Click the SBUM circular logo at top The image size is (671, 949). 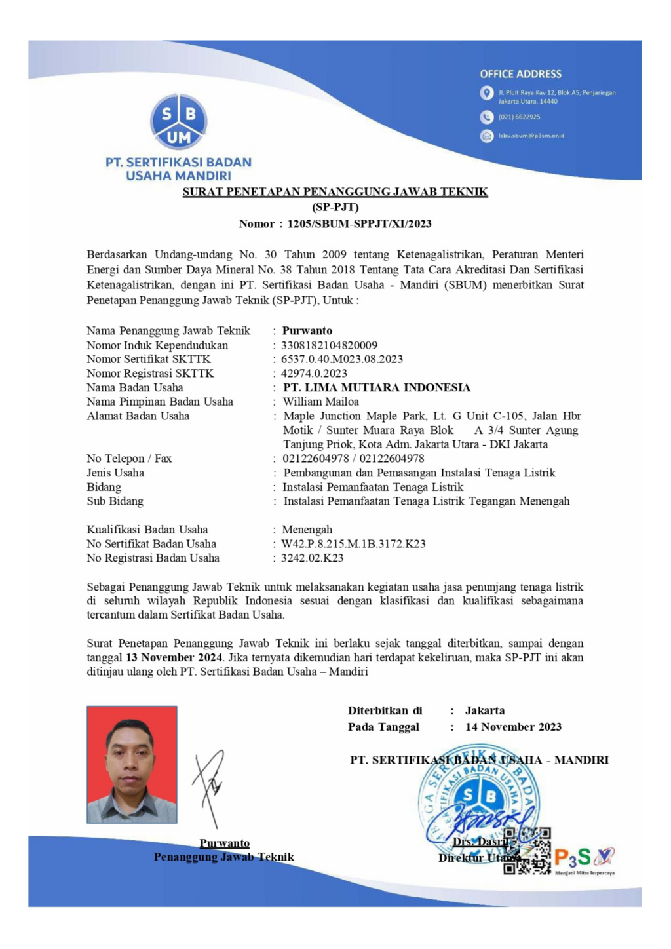[178, 122]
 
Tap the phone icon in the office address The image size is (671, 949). [486, 117]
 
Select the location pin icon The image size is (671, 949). [486, 93]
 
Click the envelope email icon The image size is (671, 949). [486, 136]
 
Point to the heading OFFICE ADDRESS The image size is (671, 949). [520, 74]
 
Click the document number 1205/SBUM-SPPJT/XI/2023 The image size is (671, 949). [359, 223]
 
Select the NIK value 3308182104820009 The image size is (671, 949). [329, 345]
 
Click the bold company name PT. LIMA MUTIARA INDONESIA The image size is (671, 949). [376, 387]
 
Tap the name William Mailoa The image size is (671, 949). [320, 402]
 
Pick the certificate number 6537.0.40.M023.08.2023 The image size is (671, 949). [341, 359]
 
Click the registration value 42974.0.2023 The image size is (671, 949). [314, 374]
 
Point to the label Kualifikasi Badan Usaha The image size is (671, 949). [147, 530]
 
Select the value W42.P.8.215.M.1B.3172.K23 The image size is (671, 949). [353, 544]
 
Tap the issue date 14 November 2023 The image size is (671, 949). [513, 727]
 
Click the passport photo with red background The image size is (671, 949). [132, 764]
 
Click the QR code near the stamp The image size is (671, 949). [527, 851]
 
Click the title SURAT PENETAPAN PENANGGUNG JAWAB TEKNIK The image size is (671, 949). [335, 192]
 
